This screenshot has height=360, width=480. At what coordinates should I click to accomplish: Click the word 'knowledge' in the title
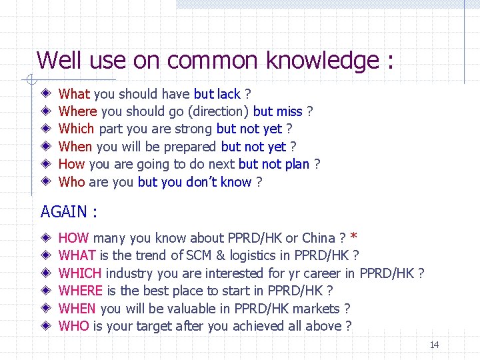pyautogui.click(x=322, y=61)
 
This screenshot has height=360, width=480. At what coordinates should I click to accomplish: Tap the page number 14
pyautogui.click(x=434, y=345)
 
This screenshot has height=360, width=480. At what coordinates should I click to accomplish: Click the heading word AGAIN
pyautogui.click(x=63, y=212)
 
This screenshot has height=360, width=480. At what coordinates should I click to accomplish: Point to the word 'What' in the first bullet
pyautogui.click(x=75, y=94)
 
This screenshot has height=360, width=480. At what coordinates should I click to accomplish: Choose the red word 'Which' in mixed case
pyautogui.click(x=77, y=129)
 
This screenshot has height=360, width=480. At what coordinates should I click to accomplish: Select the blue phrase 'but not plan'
pyautogui.click(x=274, y=164)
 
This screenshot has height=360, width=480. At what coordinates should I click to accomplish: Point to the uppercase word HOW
pyautogui.click(x=74, y=238)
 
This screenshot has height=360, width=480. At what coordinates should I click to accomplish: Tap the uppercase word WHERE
pyautogui.click(x=81, y=291)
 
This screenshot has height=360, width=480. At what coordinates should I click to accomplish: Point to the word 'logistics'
pyautogui.click(x=260, y=255)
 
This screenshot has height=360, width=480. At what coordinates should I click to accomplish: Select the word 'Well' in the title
pyautogui.click(x=59, y=61)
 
